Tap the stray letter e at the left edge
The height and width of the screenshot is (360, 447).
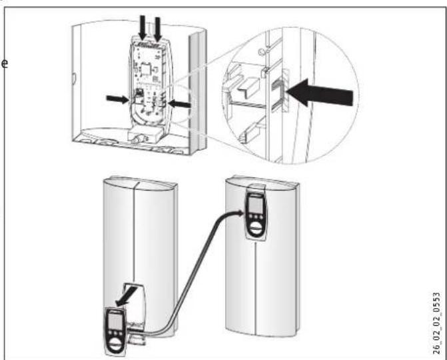[5, 64]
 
